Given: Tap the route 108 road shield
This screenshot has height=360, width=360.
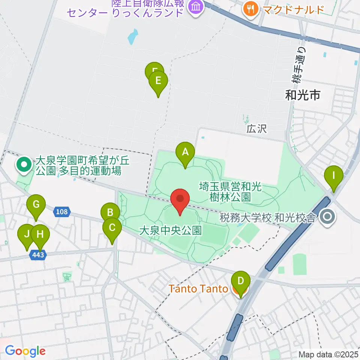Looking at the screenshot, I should (x=62, y=212).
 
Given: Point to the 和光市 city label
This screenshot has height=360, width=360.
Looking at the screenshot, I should (x=303, y=96).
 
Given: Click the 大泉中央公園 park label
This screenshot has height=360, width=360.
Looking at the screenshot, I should (x=170, y=230).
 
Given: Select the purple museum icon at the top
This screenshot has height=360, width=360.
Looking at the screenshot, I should (x=195, y=6).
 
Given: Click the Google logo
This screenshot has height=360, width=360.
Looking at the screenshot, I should (x=25, y=351).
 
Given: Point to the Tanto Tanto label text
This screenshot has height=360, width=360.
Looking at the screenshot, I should (x=198, y=289).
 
